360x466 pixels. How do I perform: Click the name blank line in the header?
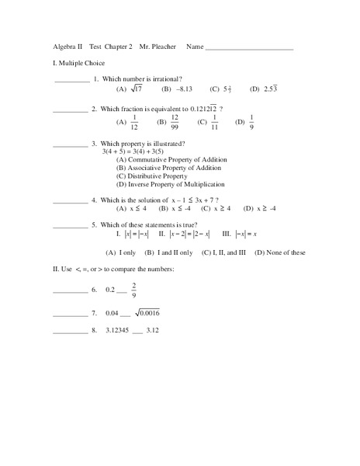coord(250,48)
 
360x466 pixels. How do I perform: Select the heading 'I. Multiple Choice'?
coord(73,63)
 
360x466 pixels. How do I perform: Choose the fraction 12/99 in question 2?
coord(175,122)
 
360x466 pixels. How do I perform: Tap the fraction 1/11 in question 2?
coord(213,122)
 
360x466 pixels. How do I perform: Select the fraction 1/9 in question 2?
coord(251,122)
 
